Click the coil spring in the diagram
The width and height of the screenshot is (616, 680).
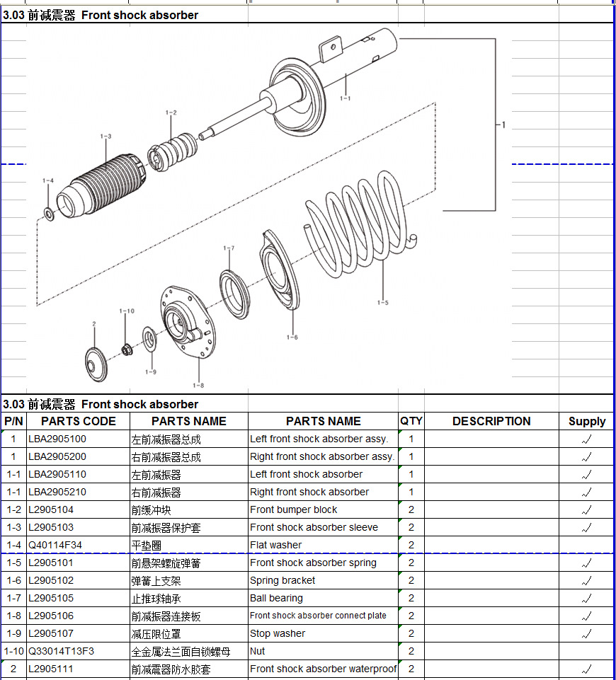coord(361,224)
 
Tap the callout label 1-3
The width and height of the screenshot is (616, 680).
coord(105,136)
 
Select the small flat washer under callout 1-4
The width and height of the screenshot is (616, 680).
coord(50,214)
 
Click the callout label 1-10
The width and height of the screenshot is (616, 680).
coord(127,311)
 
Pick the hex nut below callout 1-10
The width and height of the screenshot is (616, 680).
coord(127,349)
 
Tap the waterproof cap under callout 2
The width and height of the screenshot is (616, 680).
coord(96,364)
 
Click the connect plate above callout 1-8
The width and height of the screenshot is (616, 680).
coord(188,322)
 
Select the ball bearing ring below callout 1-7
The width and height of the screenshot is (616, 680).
coord(234,294)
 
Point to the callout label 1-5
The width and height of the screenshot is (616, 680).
coord(382,303)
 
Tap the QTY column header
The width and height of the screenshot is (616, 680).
coord(411,421)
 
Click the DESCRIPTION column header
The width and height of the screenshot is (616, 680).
coord(491,421)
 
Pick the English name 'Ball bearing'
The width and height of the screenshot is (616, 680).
coord(276,598)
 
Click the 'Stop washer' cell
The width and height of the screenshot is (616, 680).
coord(278,633)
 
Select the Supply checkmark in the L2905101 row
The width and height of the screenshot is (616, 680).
coord(586,563)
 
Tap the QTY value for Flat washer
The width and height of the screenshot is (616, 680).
coord(411,545)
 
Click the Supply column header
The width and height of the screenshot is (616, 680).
coord(587,422)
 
